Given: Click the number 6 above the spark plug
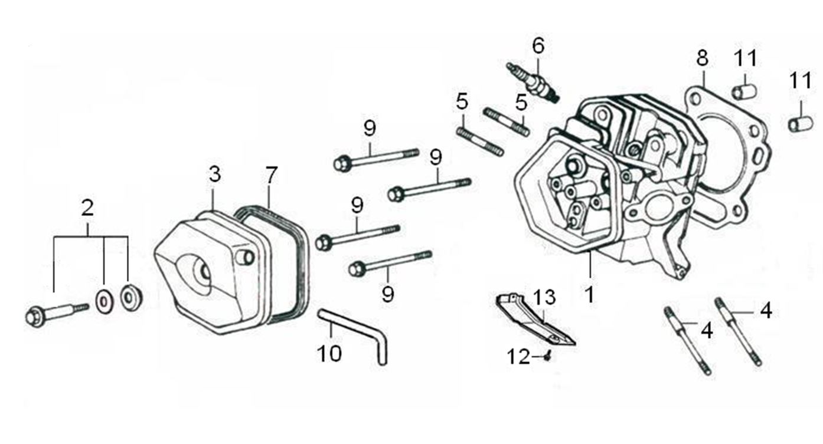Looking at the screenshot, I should point(538,46).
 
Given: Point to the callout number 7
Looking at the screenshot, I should point(270,175).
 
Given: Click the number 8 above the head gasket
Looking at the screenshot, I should point(702,58).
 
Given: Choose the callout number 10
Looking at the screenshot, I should point(329,353).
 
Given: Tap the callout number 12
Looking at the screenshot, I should point(520,357).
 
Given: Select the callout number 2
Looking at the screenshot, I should point(87,208).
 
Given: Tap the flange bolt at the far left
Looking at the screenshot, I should point(55,313).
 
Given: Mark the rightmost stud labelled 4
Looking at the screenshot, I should point(738,331).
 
